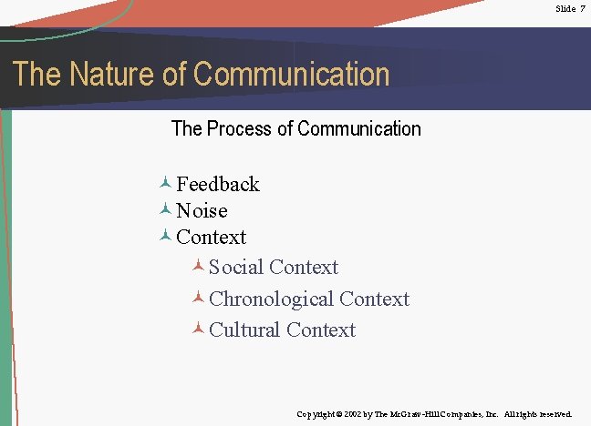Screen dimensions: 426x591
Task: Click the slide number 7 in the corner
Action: (581, 8)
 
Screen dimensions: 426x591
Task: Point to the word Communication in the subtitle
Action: (359, 129)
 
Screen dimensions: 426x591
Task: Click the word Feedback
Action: (218, 184)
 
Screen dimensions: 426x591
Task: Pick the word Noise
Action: (202, 210)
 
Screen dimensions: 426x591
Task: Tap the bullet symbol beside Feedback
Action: (165, 183)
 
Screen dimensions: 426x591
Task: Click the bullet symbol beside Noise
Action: (165, 209)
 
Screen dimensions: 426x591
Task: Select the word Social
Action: (236, 268)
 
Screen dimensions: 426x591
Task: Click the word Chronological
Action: (271, 299)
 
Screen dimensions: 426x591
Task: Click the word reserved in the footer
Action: (555, 414)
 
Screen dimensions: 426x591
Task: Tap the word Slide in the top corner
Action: (565, 8)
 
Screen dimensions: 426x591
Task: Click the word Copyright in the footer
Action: (317, 414)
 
